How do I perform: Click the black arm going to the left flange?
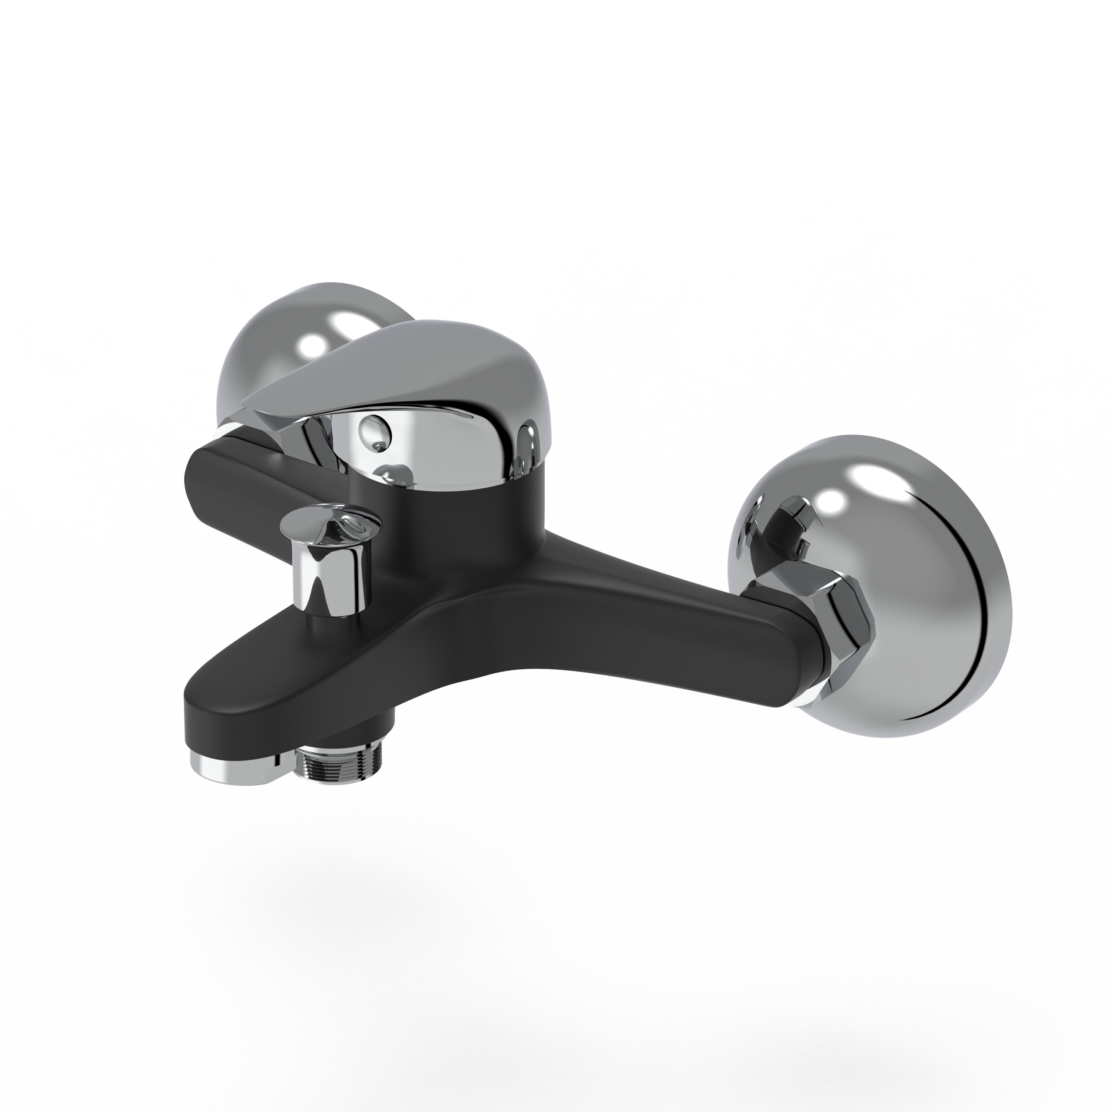pos(242,478)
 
